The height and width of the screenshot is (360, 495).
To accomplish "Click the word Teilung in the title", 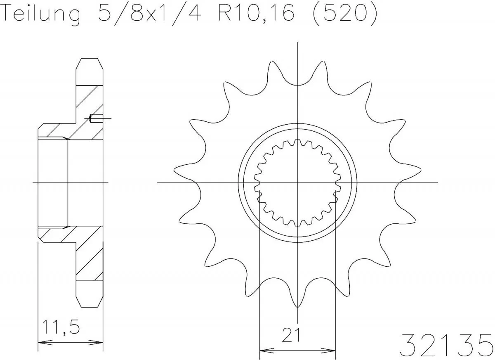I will tap(41, 14).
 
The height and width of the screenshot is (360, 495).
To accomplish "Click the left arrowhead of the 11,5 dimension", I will tap(41, 342).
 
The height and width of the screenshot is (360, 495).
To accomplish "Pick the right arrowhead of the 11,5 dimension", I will tap(99, 342).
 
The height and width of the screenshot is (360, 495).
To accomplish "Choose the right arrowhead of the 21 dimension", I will tap(332, 351).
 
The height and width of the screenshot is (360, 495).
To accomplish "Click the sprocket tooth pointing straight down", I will tap(297, 303).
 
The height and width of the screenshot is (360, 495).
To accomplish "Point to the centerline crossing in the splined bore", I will tap(297, 182).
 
